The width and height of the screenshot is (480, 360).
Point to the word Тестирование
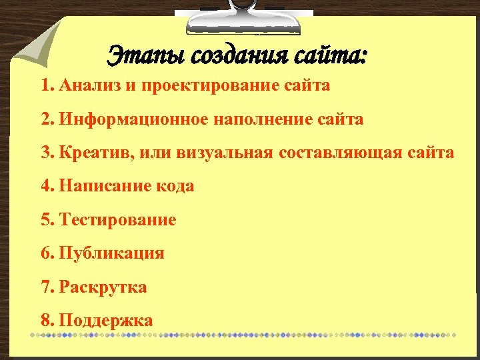coord(118,220)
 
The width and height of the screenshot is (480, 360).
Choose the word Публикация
coord(111,254)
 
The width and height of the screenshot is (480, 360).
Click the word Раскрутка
coord(103,287)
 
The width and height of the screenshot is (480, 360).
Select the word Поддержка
coord(106,321)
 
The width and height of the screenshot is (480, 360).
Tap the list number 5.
coord(45,220)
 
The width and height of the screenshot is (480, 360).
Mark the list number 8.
coord(45,321)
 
